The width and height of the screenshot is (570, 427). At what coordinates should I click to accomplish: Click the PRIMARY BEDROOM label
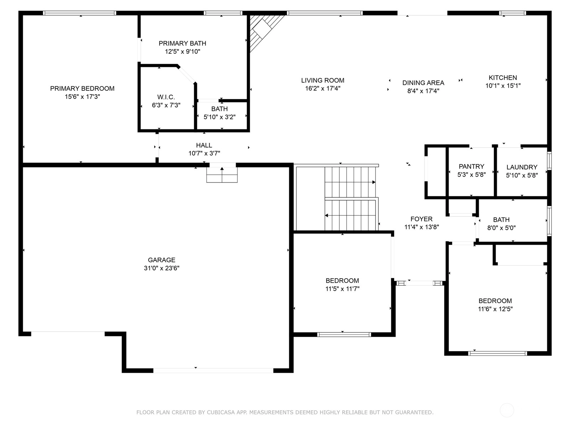coord(82,88)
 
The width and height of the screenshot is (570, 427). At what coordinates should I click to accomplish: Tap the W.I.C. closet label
coord(166,97)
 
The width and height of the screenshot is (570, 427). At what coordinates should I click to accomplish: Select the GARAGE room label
coord(161,260)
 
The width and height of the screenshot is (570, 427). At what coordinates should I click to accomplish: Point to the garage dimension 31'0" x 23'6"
coord(161,268)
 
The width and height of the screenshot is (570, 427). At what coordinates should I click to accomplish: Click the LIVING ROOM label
coord(322,80)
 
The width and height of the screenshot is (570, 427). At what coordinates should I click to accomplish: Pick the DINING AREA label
coord(423,83)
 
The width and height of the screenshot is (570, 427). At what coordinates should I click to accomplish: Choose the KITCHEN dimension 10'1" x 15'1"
coord(503,85)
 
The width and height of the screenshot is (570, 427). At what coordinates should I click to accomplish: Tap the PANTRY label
coord(471,167)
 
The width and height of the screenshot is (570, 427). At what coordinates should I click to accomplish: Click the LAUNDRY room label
coord(522,167)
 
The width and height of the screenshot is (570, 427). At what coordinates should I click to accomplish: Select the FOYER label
coord(421,219)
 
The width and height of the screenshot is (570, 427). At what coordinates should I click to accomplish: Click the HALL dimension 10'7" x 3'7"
coord(204,153)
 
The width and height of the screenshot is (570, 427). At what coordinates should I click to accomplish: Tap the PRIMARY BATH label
coord(182,43)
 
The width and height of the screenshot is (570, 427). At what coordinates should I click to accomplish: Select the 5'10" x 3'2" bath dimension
coord(219,117)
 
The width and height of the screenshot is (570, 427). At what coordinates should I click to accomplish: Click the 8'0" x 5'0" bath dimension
coord(501,228)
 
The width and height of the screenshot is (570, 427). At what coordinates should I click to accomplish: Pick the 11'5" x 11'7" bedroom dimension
coord(342,289)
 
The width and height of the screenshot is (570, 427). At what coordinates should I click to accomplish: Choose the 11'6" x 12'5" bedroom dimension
coord(495,309)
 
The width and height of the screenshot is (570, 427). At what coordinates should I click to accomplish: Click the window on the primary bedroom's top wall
coord(79,13)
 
